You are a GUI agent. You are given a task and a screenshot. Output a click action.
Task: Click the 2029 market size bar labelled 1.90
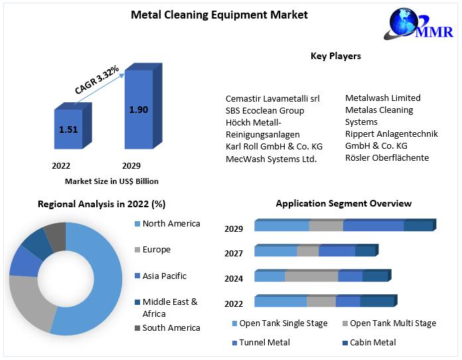[138, 110]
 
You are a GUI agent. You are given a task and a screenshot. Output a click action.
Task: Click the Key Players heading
[336, 56]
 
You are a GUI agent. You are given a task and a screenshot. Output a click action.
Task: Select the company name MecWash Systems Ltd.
[271, 159]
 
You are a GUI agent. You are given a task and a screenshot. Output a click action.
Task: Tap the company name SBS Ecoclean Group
[265, 110]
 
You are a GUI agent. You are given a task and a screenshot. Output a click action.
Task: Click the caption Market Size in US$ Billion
[112, 181]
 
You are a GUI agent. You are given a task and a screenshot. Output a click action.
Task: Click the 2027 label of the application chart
[234, 253]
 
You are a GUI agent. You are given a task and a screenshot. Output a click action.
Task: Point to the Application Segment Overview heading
[343, 203]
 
